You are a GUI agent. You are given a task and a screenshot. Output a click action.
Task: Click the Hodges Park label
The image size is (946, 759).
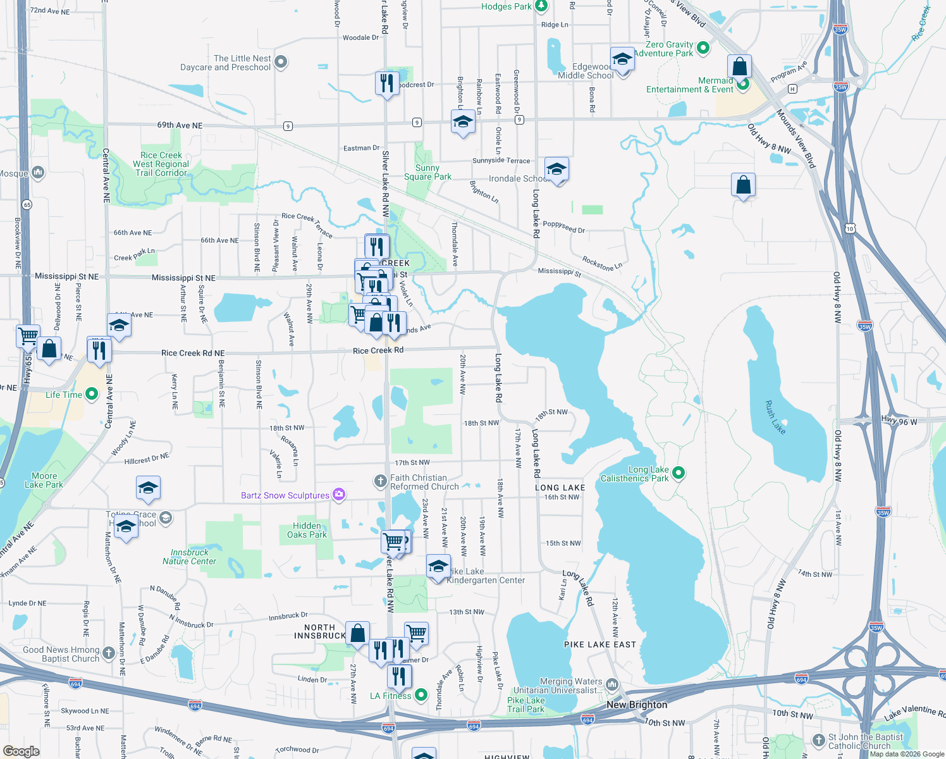point(506,6)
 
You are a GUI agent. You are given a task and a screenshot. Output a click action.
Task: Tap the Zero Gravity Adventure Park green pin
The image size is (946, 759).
point(703,48)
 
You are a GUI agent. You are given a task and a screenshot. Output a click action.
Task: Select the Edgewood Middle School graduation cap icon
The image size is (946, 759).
point(622,60)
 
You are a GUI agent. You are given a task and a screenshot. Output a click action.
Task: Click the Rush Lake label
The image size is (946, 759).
point(775,417)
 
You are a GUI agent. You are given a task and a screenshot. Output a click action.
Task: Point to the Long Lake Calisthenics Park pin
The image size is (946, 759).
point(679,472)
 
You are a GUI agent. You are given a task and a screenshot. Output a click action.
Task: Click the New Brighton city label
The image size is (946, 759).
point(637,705)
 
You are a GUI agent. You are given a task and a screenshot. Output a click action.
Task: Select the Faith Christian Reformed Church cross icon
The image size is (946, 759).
point(380,482)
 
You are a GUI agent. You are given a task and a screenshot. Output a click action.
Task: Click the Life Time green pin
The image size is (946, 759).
point(92,395)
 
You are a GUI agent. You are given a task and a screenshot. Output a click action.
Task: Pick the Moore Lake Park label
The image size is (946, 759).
point(44,480)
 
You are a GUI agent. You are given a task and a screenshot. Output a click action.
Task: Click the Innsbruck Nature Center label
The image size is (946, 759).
point(189,557)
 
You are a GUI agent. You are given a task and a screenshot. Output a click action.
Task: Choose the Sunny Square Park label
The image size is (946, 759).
point(427,172)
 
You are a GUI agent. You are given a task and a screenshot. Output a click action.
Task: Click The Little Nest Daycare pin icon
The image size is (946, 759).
point(281,62)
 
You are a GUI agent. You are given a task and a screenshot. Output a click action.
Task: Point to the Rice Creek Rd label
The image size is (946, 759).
point(378,350)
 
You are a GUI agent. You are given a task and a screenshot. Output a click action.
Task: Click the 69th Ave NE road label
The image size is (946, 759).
point(180,125)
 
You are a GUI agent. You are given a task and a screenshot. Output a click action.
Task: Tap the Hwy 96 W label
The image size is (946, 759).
point(899,421)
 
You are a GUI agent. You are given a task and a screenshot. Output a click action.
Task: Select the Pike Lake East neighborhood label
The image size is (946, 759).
point(599,645)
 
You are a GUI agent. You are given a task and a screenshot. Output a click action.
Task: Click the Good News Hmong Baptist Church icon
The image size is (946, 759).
point(108,653)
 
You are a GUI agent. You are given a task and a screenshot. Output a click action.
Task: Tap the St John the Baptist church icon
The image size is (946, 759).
point(818,740)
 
